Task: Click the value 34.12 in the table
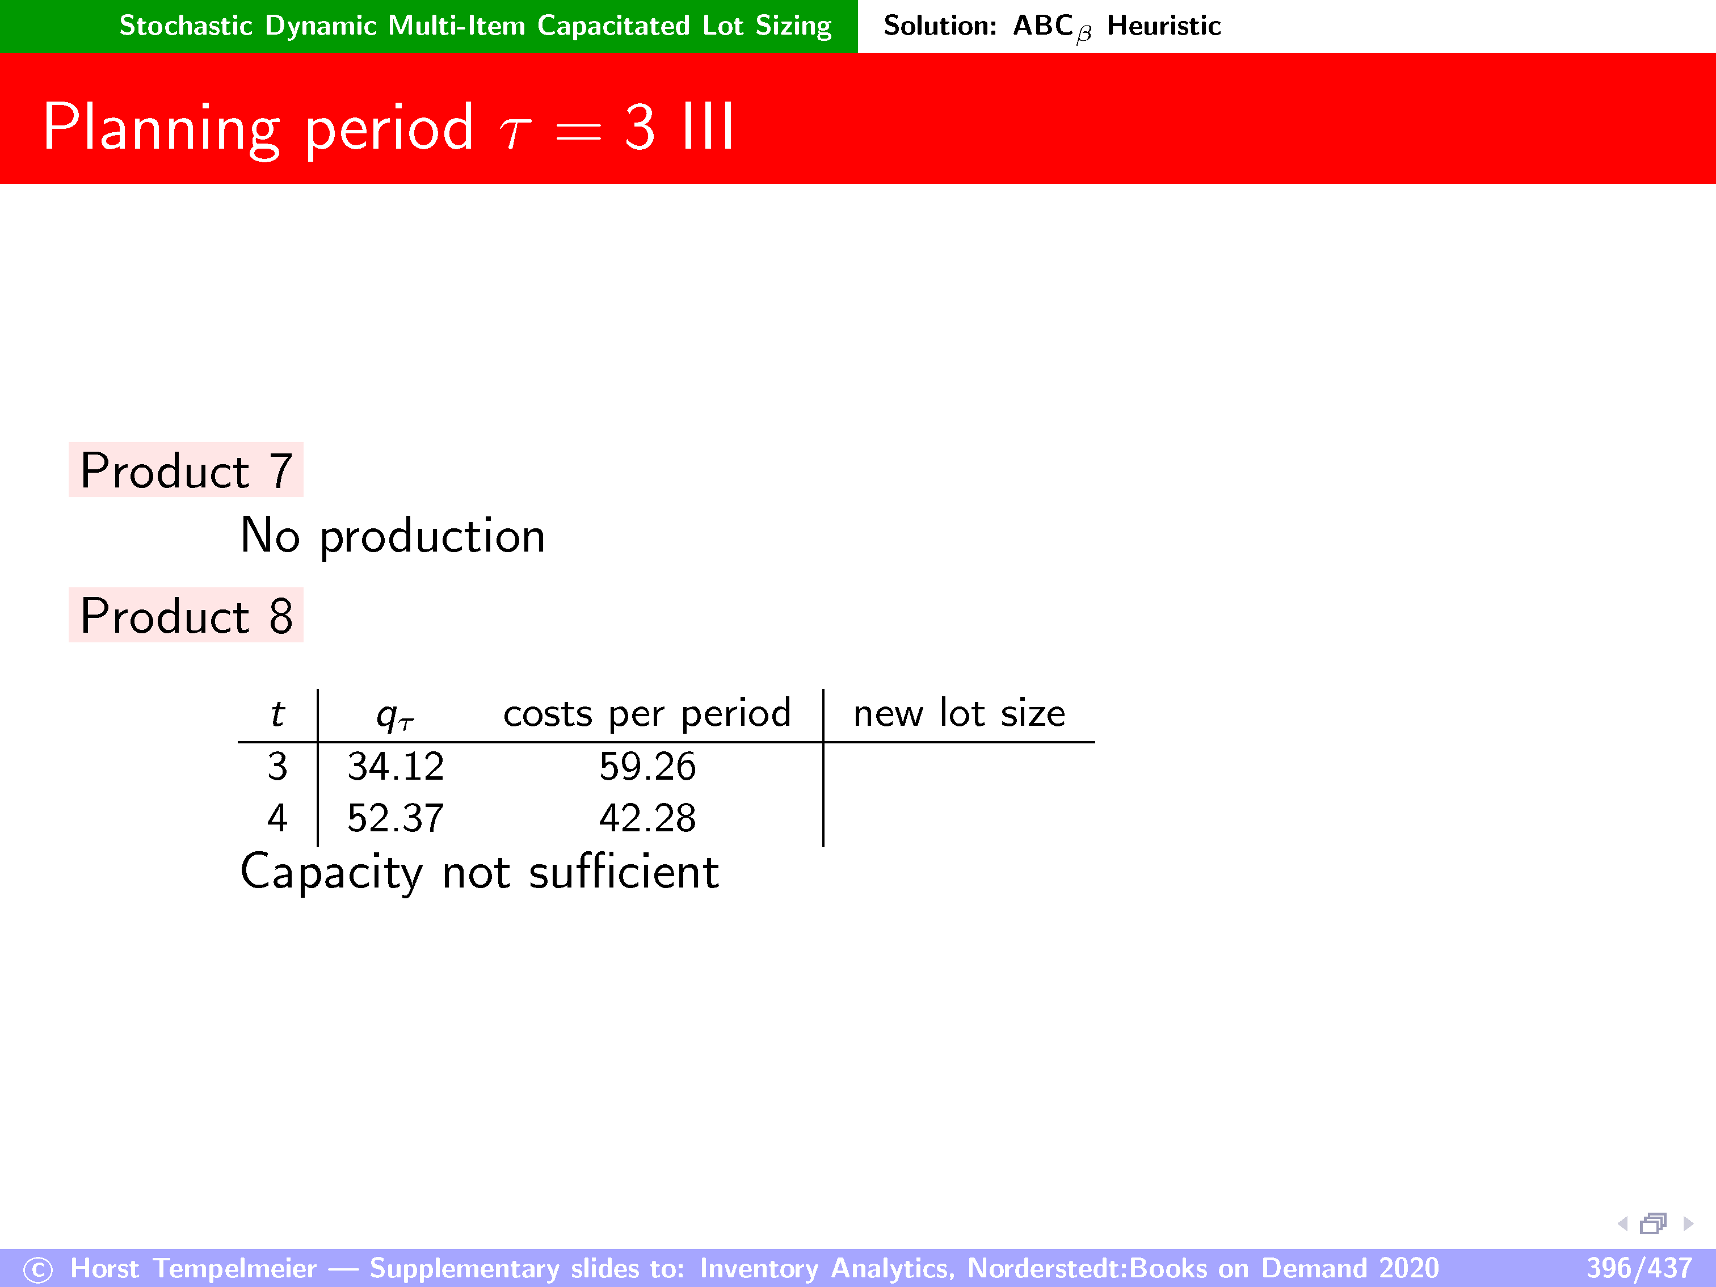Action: [x=396, y=767]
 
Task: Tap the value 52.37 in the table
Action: [x=396, y=818]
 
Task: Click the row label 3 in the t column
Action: [x=277, y=767]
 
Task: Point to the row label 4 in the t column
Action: [x=277, y=818]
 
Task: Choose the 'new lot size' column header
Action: [x=960, y=713]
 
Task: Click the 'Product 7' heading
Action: [x=186, y=470]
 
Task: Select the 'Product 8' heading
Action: [x=186, y=616]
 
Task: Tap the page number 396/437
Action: [x=1638, y=1268]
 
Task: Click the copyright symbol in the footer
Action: [x=38, y=1270]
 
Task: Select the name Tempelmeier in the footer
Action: [x=235, y=1268]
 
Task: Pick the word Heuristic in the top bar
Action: [x=1164, y=26]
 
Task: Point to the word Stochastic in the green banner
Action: [x=186, y=26]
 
